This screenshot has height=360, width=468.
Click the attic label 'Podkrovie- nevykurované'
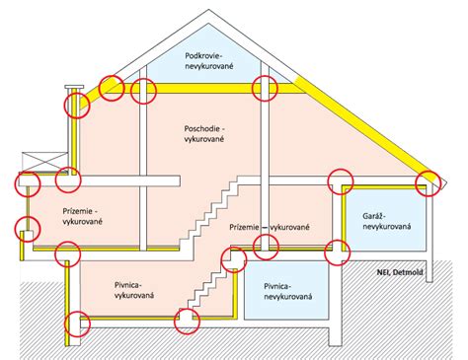point(206,60)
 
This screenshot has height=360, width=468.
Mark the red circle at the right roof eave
point(429,181)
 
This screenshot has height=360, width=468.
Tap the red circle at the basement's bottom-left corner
point(76,323)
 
